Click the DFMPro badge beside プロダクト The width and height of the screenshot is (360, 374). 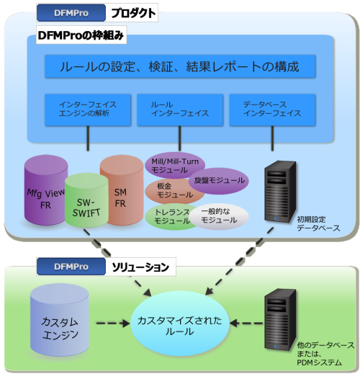71,13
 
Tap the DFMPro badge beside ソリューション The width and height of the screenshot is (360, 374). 71,267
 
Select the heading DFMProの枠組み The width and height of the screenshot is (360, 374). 81,35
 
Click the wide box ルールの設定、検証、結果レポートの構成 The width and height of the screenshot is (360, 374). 180,66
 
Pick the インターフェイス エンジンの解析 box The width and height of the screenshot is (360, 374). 88,110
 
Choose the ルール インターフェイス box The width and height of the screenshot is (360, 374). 180,110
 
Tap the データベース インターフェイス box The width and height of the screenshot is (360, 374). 272,110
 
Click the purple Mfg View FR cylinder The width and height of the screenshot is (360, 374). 45,190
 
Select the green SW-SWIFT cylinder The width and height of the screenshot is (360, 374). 86,200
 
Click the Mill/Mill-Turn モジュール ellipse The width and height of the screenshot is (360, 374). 175,166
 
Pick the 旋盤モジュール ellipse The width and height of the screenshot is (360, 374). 219,181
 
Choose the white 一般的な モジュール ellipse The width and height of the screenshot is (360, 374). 219,217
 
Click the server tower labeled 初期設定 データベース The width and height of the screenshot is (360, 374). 280,192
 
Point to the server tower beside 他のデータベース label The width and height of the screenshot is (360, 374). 280,320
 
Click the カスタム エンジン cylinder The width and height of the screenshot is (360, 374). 60,320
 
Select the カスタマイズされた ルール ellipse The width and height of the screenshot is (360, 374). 180,324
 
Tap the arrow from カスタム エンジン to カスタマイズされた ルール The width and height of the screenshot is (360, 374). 113,324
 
